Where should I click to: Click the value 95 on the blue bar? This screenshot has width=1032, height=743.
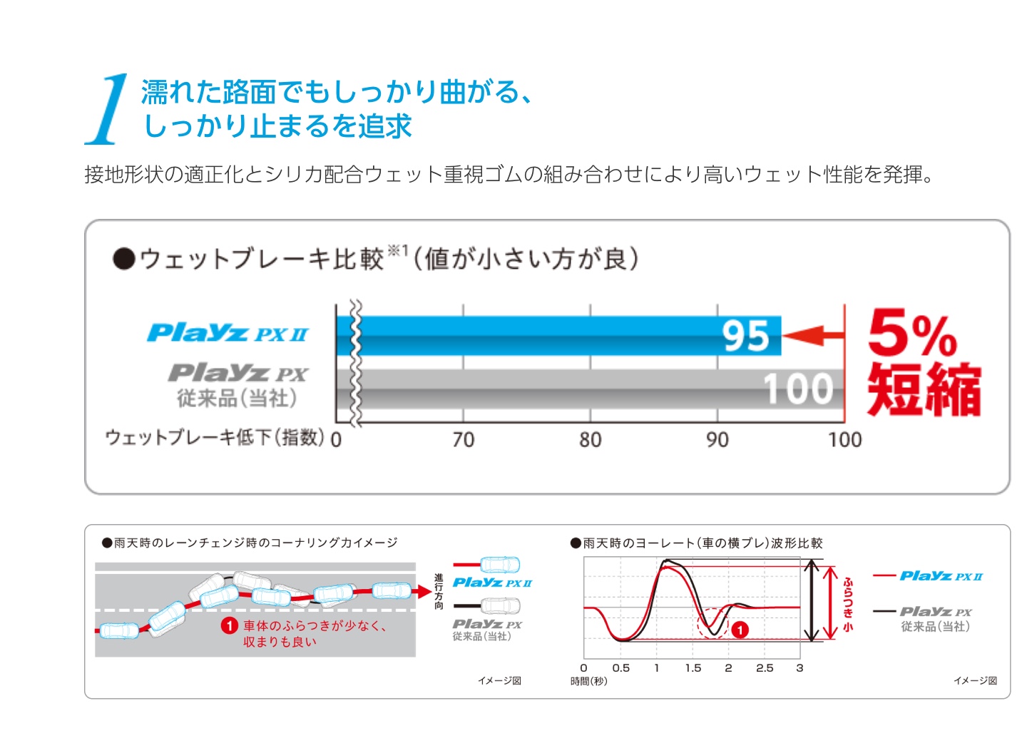746,336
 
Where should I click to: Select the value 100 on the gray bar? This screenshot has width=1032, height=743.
799,389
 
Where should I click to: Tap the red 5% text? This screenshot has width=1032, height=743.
912,333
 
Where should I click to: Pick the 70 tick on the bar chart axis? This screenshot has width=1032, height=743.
464,439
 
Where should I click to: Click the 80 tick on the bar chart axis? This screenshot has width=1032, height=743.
591,439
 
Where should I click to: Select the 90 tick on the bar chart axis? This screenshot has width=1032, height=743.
717,439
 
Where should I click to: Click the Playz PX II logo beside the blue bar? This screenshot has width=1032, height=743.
228,333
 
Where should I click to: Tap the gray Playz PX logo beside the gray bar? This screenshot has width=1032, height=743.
238,373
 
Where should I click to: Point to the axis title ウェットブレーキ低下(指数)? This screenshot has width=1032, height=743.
215,437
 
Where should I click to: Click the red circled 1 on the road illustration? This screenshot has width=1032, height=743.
229,626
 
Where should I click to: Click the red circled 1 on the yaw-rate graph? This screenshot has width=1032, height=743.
740,630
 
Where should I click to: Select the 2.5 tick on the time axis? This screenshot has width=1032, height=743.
765,668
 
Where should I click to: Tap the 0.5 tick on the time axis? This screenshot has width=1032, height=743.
621,668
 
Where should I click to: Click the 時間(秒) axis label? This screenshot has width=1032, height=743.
589,682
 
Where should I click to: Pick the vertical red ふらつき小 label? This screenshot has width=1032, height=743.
848,604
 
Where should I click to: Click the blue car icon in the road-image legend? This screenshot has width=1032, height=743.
500,565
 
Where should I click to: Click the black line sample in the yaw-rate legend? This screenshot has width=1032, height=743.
884,611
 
